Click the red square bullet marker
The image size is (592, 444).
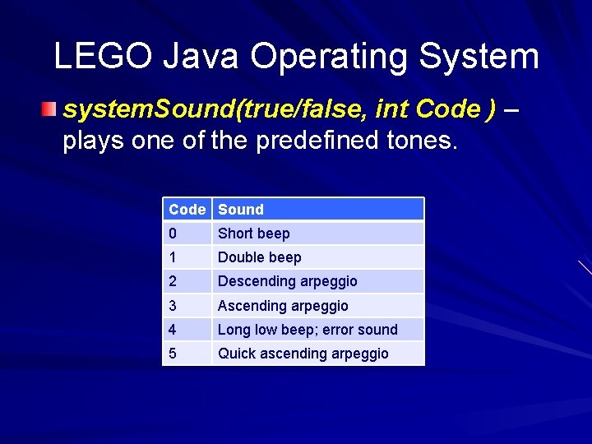pyautogui.click(x=51, y=109)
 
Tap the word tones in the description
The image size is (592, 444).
pyautogui.click(x=419, y=141)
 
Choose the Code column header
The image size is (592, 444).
pyautogui.click(x=187, y=210)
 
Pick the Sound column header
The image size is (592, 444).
pyautogui.click(x=241, y=210)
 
